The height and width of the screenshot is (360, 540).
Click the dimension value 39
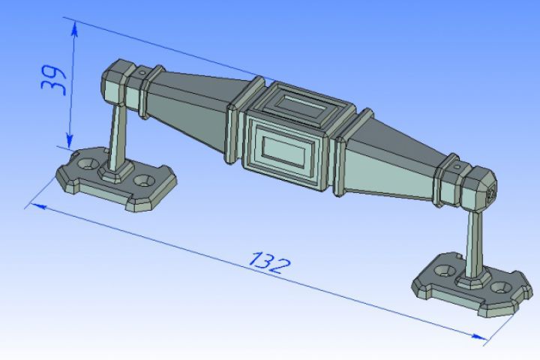pyautogui.click(x=52, y=80)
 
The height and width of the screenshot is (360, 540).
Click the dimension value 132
pyautogui.click(x=270, y=263)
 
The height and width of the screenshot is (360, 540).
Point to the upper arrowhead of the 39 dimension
pyautogui.click(x=74, y=29)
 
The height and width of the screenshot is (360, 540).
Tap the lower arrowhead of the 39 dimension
pyautogui.click(x=70, y=141)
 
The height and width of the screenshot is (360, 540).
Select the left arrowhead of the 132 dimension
pyautogui.click(x=38, y=206)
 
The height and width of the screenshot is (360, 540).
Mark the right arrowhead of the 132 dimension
pyautogui.click(x=479, y=337)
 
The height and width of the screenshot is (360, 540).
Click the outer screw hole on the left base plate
pyautogui.click(x=86, y=163)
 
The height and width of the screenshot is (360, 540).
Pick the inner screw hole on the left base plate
pyautogui.click(x=143, y=180)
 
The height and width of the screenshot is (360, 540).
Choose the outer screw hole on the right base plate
pyautogui.click(x=502, y=288)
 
